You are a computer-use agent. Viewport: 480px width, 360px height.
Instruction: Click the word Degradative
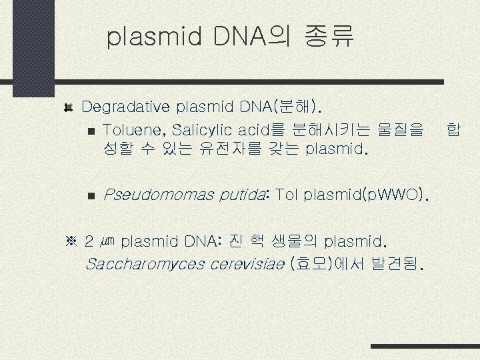coord(127,107)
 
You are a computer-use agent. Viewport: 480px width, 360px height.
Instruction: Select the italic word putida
coord(239,195)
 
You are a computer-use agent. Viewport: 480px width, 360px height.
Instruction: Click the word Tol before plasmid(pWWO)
coord(286,195)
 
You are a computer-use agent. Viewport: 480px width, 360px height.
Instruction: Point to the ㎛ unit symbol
coord(110,241)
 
